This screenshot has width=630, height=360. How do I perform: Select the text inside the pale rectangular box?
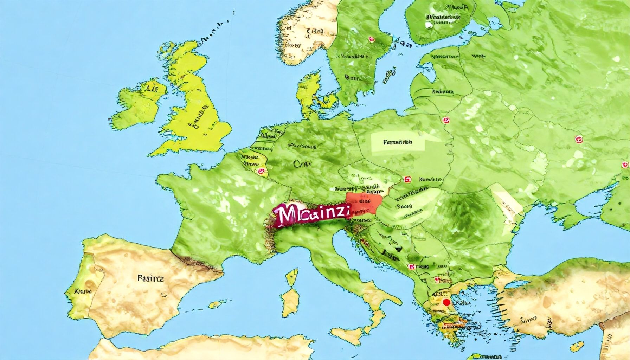(397, 142)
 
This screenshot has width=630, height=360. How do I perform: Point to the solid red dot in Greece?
(447, 302)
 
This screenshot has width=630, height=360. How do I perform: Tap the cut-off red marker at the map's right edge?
(625, 165)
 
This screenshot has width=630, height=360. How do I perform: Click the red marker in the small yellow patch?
(261, 172)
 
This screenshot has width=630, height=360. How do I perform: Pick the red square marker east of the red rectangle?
(408, 179)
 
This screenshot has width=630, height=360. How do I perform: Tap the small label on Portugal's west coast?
(83, 291)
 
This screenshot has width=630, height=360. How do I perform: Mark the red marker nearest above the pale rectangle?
(446, 121)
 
